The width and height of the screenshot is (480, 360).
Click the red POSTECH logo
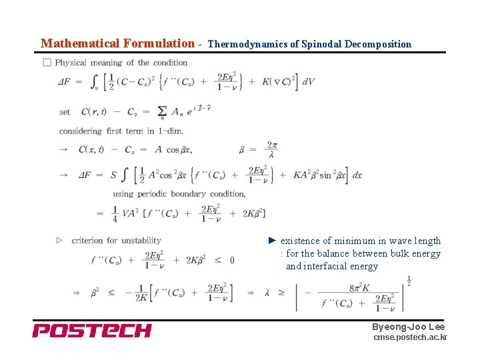click(x=92, y=330)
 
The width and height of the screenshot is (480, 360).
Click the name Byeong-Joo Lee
click(x=408, y=327)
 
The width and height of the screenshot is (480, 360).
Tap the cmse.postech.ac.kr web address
click(x=410, y=338)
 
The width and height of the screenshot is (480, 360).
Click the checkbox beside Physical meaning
click(x=47, y=63)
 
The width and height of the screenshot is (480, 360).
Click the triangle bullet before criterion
click(x=59, y=240)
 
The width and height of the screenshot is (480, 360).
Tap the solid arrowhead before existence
click(x=272, y=240)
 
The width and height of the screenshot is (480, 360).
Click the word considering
click(x=80, y=131)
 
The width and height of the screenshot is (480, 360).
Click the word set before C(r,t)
click(x=65, y=112)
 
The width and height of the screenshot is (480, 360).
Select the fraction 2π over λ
click(x=271, y=149)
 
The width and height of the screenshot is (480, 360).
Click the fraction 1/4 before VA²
click(x=115, y=213)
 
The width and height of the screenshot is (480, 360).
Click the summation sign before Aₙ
click(x=163, y=112)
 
